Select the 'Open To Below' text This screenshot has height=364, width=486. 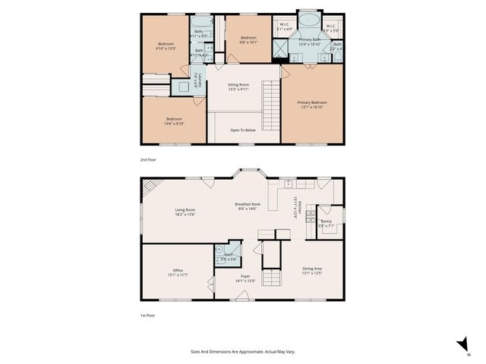coord(243,130)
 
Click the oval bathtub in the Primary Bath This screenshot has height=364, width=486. coord(308,20)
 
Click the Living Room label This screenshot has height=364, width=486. coord(185,212)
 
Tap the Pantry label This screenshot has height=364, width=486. coord(327,223)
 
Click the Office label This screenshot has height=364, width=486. coord(178,271)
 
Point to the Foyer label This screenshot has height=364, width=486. coord(245,278)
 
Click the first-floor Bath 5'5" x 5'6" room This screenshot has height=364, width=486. coord(228,257)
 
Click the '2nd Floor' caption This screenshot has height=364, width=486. coord(149,161)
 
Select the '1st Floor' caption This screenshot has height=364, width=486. coord(148,313)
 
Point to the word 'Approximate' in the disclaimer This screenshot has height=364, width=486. coord(251,352)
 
